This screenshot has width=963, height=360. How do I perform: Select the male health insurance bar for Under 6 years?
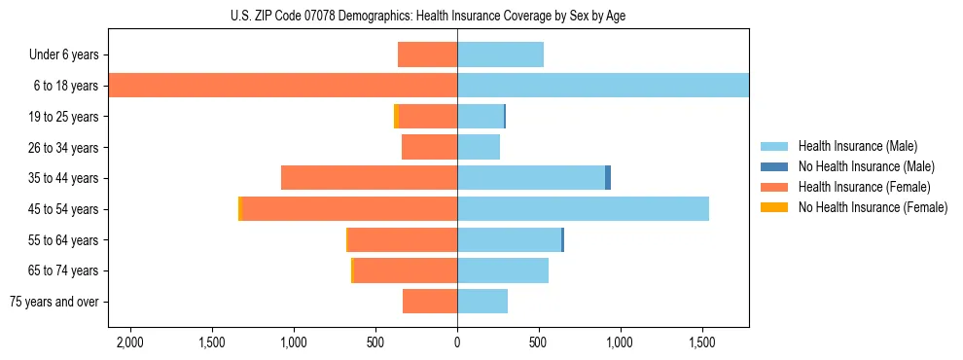click(500, 54)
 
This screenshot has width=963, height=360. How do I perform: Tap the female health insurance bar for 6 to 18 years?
click(282, 86)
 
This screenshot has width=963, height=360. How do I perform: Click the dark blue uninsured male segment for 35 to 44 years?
click(608, 178)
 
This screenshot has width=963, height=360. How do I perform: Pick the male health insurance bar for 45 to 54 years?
click(583, 209)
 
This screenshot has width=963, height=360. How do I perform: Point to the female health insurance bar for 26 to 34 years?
click(429, 147)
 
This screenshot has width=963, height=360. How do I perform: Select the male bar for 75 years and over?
click(482, 302)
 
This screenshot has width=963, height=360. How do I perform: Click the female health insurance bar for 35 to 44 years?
click(369, 178)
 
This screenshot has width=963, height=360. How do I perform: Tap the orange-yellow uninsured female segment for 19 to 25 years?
click(396, 117)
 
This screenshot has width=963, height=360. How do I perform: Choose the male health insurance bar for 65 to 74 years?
click(503, 270)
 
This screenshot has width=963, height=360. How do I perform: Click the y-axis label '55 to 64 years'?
click(64, 240)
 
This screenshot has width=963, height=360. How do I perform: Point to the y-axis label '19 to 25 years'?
click(64, 117)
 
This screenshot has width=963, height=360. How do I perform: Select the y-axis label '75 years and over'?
click(54, 302)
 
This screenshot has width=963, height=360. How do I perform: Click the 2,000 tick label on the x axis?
click(129, 342)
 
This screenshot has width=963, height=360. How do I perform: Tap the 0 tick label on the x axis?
click(457, 342)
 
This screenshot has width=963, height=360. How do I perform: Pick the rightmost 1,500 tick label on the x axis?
click(702, 342)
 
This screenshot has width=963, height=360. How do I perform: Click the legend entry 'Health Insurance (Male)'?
click(857, 146)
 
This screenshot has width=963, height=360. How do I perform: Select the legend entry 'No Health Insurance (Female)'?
click(873, 207)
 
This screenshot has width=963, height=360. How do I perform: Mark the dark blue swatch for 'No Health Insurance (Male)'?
click(774, 166)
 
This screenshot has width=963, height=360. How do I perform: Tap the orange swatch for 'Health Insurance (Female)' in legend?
click(774, 187)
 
